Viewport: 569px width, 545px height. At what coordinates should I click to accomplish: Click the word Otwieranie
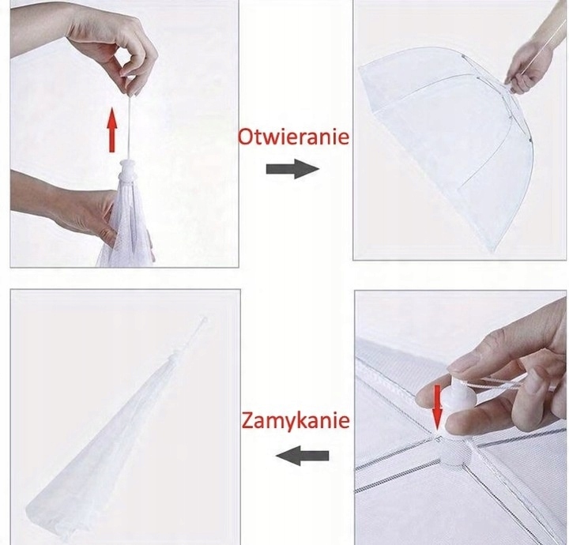pyautogui.click(x=293, y=137)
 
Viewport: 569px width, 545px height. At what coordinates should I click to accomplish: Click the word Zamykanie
pyautogui.click(x=296, y=421)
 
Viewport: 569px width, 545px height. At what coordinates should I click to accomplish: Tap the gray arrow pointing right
pyautogui.click(x=292, y=169)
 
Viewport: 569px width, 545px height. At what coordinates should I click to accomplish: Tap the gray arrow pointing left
pyautogui.click(x=302, y=456)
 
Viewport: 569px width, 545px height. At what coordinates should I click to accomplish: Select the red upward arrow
pyautogui.click(x=113, y=130)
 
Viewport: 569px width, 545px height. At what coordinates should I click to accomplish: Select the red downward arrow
pyautogui.click(x=438, y=408)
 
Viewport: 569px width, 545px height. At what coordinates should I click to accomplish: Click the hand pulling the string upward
pyautogui.click(x=109, y=43)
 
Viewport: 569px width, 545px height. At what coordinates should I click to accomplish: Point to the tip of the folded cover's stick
pyautogui.click(x=205, y=320)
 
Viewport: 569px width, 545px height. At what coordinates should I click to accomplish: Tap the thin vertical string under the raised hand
pyautogui.click(x=130, y=127)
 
